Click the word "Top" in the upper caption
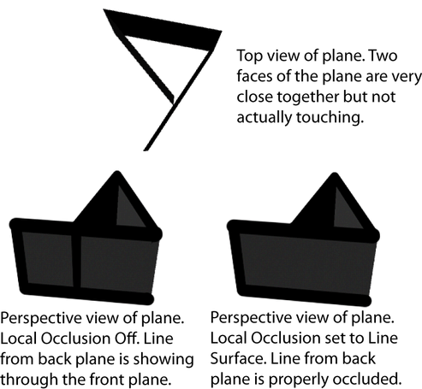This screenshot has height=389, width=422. tap(249, 56)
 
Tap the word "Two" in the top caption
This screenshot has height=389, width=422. tap(383, 56)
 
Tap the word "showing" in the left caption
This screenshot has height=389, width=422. tap(163, 360)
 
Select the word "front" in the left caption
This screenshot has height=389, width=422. tap(107, 380)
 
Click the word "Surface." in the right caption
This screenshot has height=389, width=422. tap(238, 359)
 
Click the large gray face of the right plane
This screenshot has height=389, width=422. tap(306, 264)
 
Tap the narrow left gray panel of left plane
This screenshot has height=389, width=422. tap(46, 259)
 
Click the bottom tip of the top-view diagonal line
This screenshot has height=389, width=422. tap(145, 150)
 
